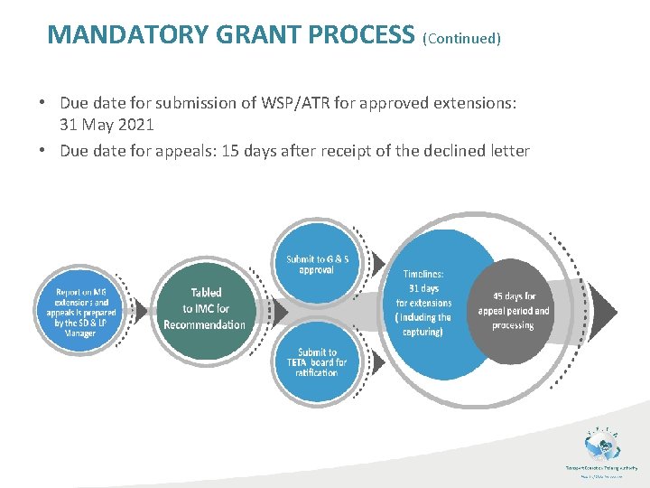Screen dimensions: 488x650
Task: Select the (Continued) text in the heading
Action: click(x=461, y=38)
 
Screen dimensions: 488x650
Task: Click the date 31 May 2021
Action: click(x=107, y=124)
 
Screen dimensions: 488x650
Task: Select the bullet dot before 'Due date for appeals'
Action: click(x=43, y=150)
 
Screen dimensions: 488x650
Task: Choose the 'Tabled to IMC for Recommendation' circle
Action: click(x=205, y=308)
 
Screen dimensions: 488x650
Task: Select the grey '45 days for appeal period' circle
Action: click(x=513, y=310)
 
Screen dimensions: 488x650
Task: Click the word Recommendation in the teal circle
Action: click(x=205, y=324)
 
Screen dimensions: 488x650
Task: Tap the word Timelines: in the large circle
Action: click(x=423, y=274)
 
